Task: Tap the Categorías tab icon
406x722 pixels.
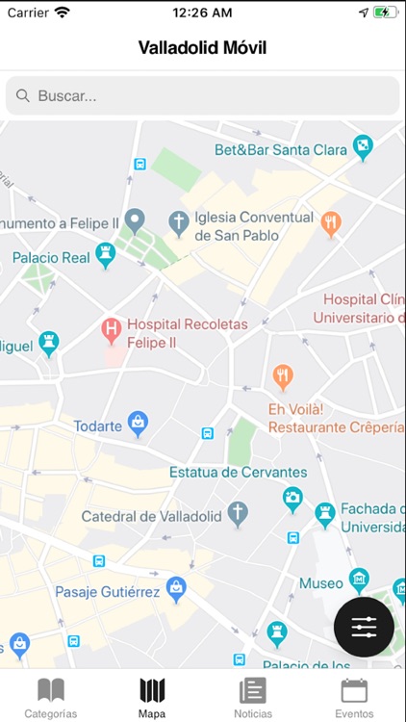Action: (50, 690)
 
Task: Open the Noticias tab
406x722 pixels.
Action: (253, 690)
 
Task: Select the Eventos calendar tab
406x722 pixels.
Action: (354, 690)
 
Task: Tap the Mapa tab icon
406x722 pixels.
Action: (152, 690)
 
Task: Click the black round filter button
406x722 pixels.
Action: (364, 627)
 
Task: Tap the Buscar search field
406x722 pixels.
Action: (203, 96)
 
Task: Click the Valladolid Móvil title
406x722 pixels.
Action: (203, 47)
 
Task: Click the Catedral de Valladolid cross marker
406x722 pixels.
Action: (238, 515)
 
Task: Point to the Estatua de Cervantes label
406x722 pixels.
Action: (239, 473)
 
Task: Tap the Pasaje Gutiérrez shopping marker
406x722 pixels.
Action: (176, 587)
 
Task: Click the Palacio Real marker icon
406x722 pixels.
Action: (106, 255)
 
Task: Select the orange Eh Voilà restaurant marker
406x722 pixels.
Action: (282, 376)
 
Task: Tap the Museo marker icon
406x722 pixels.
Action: (359, 579)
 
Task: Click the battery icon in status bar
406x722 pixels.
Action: (385, 13)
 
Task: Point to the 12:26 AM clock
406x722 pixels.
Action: (202, 13)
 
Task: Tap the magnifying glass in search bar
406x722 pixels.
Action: (23, 96)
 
